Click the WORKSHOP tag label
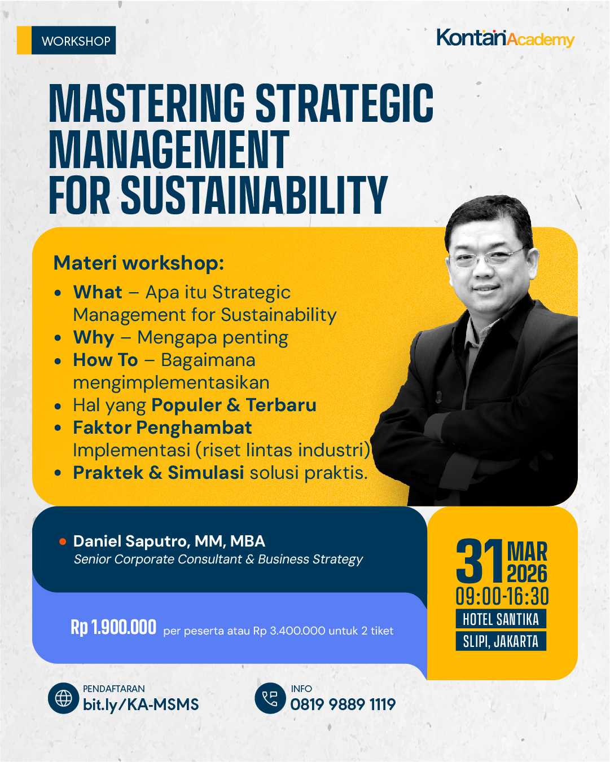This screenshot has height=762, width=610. tap(75, 41)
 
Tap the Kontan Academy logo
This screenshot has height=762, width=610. tap(505, 38)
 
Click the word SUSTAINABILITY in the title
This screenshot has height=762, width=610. tap(254, 195)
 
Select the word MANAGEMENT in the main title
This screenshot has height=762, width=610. tap(169, 149)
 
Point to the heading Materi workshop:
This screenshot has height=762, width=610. tap(139, 263)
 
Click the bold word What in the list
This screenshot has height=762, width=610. tap(98, 292)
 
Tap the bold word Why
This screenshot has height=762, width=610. tap(94, 337)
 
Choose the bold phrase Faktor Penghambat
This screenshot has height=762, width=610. tap(163, 428)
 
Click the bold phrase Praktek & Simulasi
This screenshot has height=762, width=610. tap(159, 473)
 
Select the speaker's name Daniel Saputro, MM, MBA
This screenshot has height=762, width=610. tap(169, 541)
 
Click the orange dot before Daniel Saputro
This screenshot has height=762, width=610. tap(63, 542)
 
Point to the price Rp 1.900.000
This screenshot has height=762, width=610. tap(113, 627)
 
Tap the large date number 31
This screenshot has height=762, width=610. tap(479, 562)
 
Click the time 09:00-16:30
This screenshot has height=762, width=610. tap(502, 597)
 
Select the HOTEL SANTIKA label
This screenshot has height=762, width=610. tap(501, 619)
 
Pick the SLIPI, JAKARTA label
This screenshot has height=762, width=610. tap(501, 641)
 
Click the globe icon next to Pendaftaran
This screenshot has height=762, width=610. tap(63, 698)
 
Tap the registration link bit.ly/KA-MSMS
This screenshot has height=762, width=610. tap(141, 704)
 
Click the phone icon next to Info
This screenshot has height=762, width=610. tap(270, 698)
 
